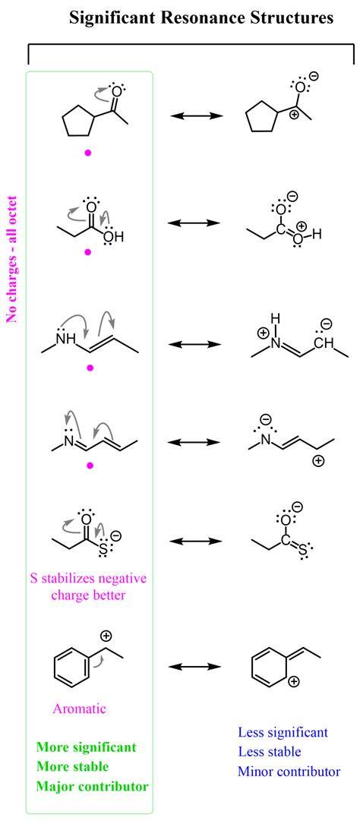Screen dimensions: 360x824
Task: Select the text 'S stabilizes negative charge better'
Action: tap(88, 587)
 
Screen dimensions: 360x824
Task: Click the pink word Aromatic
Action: tap(79, 709)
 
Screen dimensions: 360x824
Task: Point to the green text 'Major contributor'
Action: tap(92, 787)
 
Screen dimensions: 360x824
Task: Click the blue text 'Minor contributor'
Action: tap(289, 772)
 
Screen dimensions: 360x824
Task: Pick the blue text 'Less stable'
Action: tap(270, 752)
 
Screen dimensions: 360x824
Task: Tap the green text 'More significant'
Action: tap(86, 747)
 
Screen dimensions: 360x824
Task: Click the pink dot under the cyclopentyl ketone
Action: tap(88, 153)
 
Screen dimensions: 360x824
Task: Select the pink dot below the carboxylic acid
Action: tap(88, 252)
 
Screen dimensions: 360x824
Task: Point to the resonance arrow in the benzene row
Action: tap(194, 666)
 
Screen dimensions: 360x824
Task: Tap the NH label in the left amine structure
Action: tap(65, 339)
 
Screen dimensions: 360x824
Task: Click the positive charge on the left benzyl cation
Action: tap(106, 636)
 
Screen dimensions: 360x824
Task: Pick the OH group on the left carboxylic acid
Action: tap(113, 237)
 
